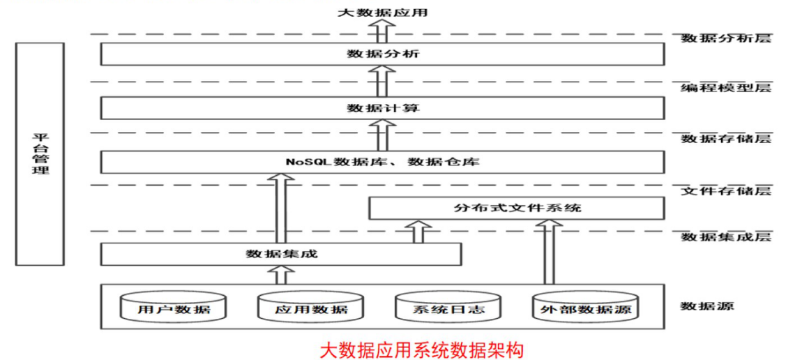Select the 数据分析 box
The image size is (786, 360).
pyautogui.click(x=382, y=54)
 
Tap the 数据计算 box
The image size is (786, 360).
pyautogui.click(x=382, y=108)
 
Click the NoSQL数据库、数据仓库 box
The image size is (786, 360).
pyautogui.click(x=382, y=162)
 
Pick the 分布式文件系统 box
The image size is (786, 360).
pyautogui.click(x=516, y=208)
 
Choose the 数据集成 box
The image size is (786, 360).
pyautogui.click(x=281, y=254)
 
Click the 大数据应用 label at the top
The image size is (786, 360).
pyautogui.click(x=382, y=12)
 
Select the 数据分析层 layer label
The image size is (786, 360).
pyautogui.click(x=725, y=38)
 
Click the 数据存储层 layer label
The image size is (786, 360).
pyautogui.click(x=725, y=138)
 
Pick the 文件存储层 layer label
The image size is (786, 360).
pyautogui.click(x=725, y=190)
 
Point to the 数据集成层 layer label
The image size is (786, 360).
pyautogui.click(x=725, y=237)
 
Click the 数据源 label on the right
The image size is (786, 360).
pyautogui.click(x=706, y=306)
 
